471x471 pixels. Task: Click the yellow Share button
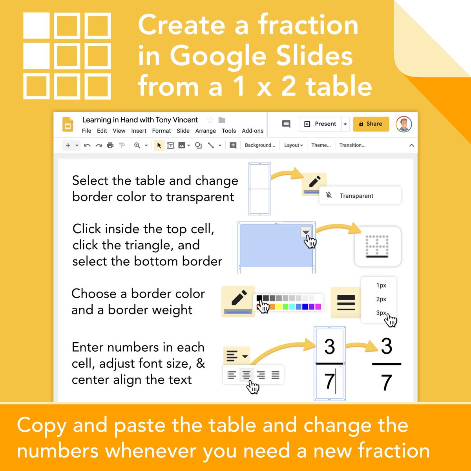click(371, 124)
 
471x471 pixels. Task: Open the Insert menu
click(139, 131)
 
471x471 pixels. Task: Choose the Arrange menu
click(205, 131)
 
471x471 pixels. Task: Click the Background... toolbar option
click(260, 145)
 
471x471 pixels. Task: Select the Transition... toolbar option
click(352, 145)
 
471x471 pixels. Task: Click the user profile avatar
click(404, 124)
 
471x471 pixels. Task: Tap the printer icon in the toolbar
click(110, 146)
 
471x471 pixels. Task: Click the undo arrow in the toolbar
click(87, 146)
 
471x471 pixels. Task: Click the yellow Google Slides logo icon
click(68, 124)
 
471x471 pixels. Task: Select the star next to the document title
click(210, 120)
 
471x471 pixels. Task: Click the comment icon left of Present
click(286, 124)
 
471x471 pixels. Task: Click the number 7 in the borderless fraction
click(387, 383)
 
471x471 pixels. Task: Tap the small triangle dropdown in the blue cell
click(305, 232)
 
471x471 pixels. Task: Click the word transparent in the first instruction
click(200, 197)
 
